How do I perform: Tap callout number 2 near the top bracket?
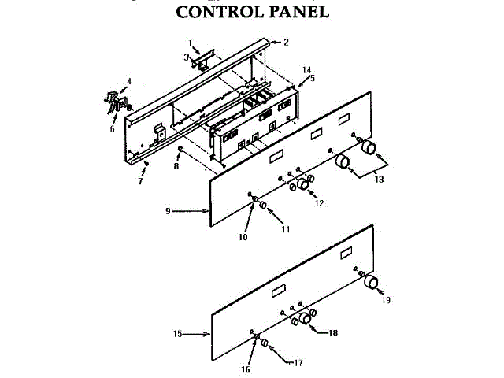[286, 42]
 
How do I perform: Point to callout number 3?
[186, 57]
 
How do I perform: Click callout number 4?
[129, 81]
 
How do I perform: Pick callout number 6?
[112, 129]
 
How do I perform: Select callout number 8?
[177, 167]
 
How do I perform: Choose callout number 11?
[286, 228]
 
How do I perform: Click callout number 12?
[319, 204]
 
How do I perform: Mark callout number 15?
[177, 334]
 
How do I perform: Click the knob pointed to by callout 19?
[369, 283]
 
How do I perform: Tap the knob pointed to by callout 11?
[263, 206]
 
